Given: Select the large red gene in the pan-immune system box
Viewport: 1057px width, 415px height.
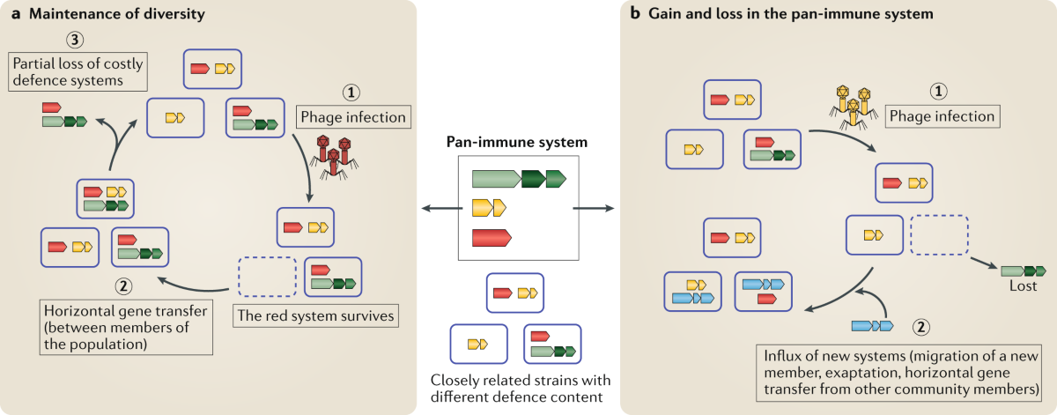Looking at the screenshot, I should (x=492, y=237).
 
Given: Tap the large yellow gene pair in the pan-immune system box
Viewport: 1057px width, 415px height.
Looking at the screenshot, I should (x=489, y=208).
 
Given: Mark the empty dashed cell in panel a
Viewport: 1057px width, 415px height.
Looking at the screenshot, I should (x=267, y=278).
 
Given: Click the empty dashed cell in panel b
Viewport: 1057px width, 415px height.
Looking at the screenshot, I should (x=938, y=236).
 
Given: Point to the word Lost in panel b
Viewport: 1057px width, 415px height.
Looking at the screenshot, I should (x=1022, y=286).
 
